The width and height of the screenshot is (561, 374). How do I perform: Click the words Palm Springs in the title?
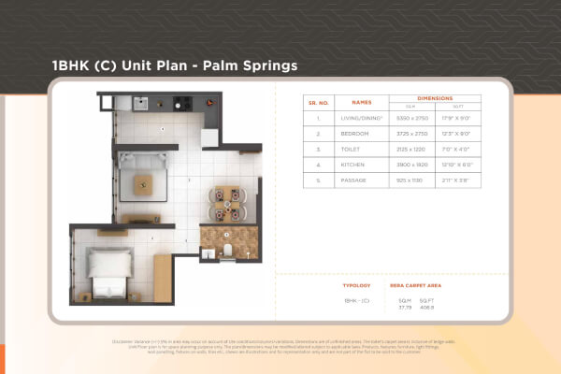coord(251,66)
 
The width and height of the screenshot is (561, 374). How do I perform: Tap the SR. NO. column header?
coord(318,102)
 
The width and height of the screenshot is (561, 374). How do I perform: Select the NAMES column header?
coord(361,102)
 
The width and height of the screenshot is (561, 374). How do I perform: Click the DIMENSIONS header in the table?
coord(435,97)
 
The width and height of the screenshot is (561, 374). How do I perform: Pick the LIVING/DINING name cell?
coord(361,118)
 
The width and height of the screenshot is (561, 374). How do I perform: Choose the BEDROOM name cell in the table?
coord(361,133)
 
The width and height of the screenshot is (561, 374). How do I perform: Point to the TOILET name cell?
coord(361,149)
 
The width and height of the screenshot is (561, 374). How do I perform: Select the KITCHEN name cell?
coord(361,164)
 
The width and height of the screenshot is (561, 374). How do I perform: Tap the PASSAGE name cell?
coord(361,179)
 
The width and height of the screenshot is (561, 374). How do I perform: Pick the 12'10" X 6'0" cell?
coord(461,164)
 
